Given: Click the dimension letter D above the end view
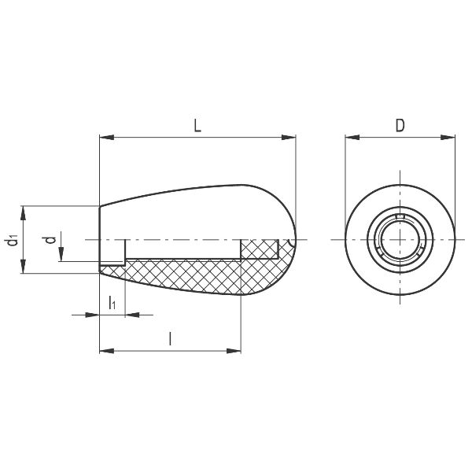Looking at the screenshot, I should pos(400,125).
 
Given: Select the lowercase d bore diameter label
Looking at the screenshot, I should pos(50,240).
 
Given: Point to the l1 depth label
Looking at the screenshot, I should pos(112,302).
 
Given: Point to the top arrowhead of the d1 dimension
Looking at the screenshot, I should pos(24,211).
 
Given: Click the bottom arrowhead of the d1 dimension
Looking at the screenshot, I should pos(24,269).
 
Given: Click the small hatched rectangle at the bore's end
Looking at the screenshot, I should pos(259,249).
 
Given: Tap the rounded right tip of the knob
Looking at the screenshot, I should pos(293,239).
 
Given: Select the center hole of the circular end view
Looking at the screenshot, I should pos(400,239).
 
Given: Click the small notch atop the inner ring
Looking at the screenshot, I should pos(400,216).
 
